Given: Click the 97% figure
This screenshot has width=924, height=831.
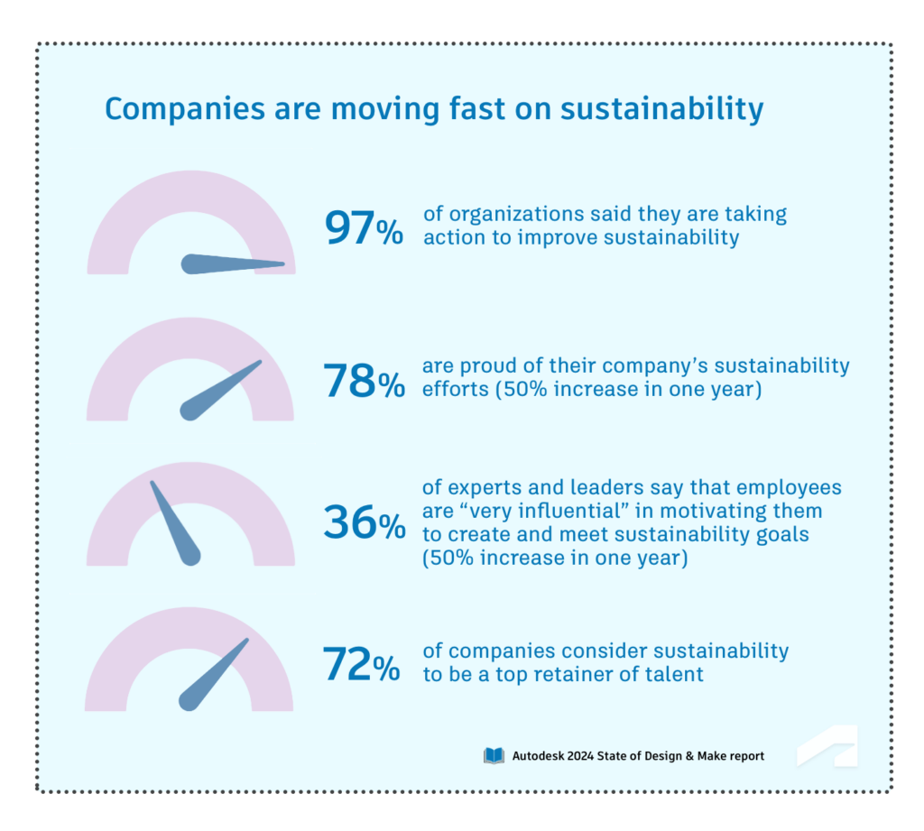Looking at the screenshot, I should (x=363, y=228).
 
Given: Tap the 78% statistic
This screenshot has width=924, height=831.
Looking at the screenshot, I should (x=364, y=382).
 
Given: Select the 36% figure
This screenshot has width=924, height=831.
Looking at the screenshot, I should (x=364, y=523).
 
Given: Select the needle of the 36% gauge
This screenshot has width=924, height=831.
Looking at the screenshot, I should (x=173, y=522).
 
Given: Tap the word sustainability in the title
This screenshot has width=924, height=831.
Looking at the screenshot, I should (x=661, y=109).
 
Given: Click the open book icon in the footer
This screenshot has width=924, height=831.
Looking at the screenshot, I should (x=494, y=755).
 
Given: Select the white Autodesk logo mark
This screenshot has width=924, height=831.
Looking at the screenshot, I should (x=827, y=746).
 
